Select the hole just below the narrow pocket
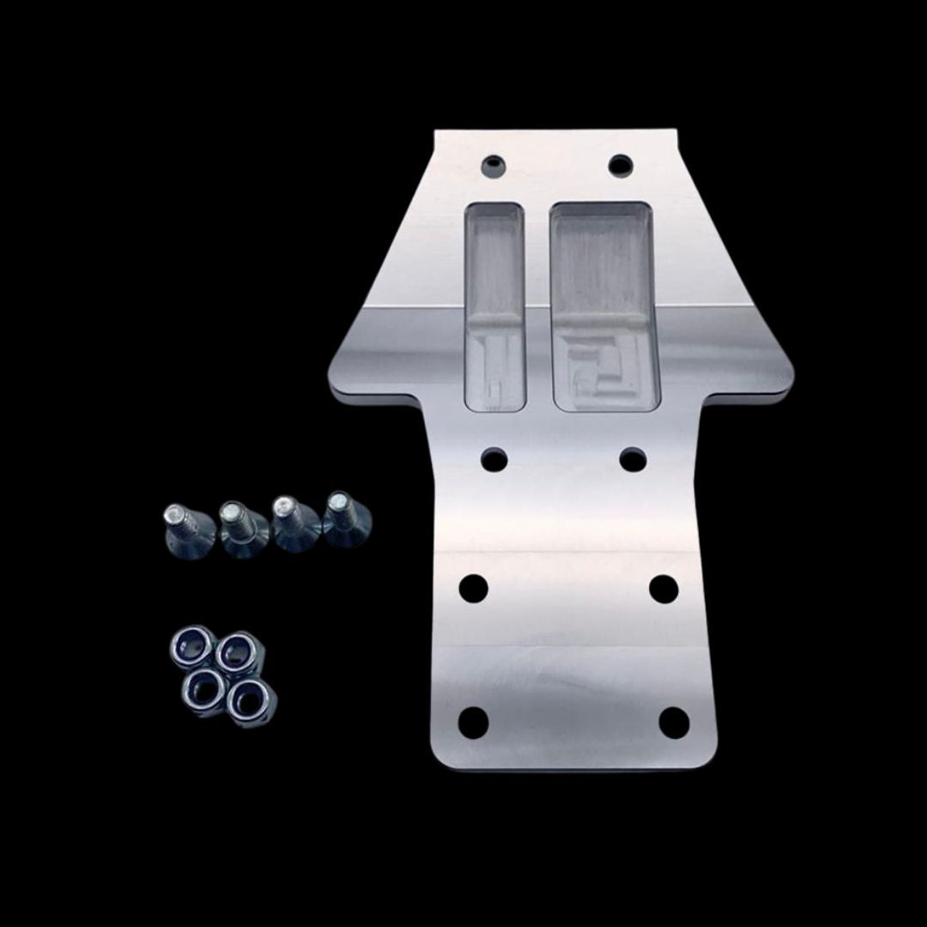494,459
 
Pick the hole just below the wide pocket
633,460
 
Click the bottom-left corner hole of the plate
473,723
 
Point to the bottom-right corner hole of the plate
674,722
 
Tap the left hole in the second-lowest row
473,589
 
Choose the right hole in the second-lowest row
663,589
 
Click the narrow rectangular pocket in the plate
494,305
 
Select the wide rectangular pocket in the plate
606,305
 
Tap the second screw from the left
239,526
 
